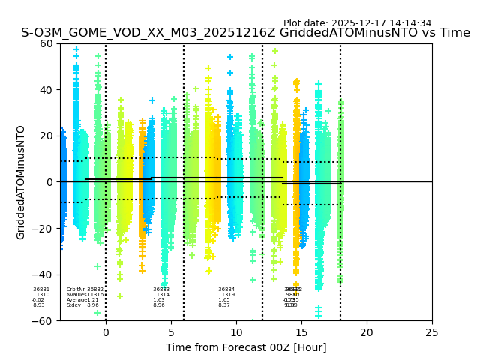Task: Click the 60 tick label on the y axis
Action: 47,43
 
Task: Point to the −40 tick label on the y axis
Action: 43,274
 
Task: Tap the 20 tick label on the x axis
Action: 367,331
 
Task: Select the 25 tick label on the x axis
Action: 432,331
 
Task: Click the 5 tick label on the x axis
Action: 171,331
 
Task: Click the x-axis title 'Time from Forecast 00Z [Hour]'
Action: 235,346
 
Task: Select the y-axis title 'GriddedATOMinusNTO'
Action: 21,182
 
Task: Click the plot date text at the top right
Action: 357,23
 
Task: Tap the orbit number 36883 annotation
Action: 161,289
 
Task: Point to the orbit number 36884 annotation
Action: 226,289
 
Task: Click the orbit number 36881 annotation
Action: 40,289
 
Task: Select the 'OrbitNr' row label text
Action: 75,289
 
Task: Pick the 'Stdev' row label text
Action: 73,305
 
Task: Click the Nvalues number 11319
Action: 226,295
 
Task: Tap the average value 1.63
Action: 159,300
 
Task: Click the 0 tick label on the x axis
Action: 106,331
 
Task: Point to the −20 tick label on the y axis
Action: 43,228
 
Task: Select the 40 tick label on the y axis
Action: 47,90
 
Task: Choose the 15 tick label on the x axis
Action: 301,331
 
